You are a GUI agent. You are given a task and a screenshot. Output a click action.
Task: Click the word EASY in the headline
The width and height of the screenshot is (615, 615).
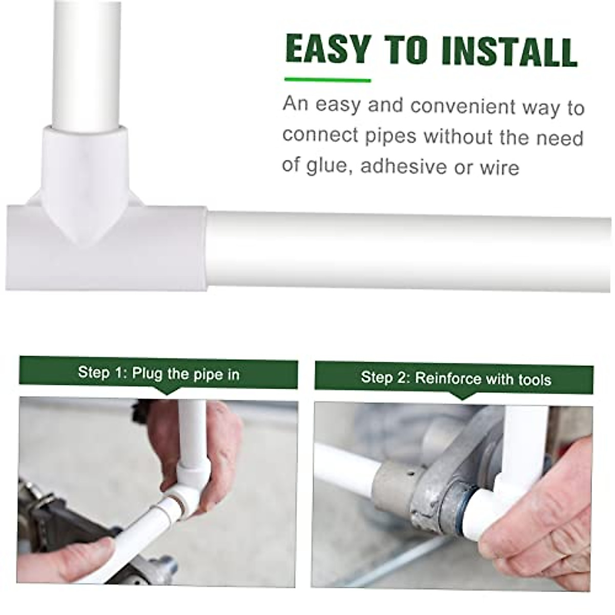pos(327,50)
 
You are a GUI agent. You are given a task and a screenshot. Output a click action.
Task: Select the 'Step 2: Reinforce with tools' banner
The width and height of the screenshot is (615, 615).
pos(454,379)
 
